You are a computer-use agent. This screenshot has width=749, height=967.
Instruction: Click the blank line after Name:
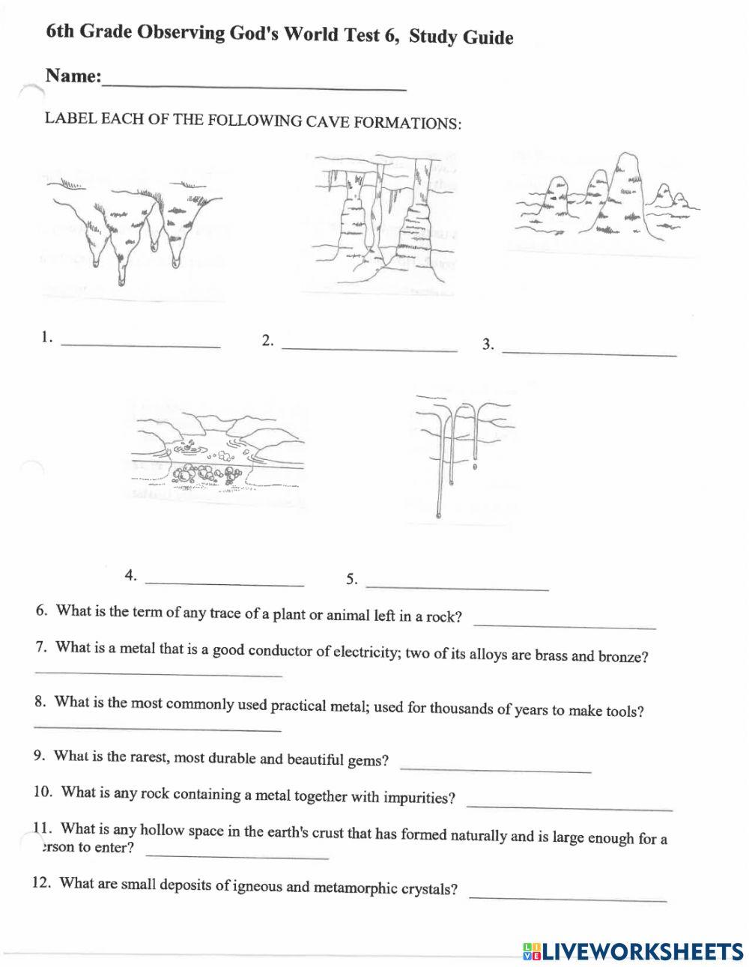[x=255, y=85]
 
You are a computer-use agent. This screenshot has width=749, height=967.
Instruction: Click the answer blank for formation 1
[x=141, y=345]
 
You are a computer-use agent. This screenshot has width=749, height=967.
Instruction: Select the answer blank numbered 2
[x=369, y=348]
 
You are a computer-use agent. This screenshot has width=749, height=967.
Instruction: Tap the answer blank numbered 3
[x=589, y=351]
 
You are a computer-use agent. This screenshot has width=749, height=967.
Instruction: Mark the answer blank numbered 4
[x=225, y=582]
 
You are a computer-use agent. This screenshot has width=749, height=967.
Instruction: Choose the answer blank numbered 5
[x=458, y=586]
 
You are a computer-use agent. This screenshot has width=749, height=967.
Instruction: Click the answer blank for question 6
[x=565, y=625]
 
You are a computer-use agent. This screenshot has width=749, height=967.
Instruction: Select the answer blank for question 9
[x=496, y=769]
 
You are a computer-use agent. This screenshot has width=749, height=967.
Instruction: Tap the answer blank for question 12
[x=568, y=897]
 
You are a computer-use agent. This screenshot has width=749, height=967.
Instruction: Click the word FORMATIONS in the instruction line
[x=407, y=123]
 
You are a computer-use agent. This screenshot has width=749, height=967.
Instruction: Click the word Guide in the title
[x=487, y=37]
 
